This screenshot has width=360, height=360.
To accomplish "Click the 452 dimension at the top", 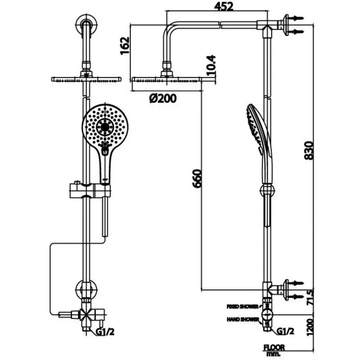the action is click(224, 6).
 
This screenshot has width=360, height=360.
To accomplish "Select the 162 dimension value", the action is click(125, 45).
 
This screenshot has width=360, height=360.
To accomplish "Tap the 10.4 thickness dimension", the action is click(211, 65).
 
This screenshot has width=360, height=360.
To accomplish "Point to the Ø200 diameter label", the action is click(163, 99).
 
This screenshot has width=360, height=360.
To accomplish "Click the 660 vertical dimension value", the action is click(197, 179).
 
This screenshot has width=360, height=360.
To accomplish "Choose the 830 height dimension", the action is click(308, 150).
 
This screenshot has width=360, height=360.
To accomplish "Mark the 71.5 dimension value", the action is click(310, 297).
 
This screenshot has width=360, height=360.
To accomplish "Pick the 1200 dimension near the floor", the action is click(310, 327).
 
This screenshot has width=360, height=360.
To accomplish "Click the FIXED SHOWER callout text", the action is click(243, 306).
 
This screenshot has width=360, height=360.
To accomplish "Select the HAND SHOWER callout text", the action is click(243, 319).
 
